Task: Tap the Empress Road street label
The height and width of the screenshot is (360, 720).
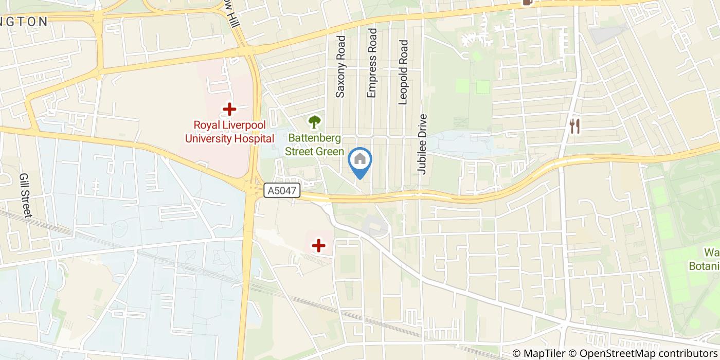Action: point(372,63)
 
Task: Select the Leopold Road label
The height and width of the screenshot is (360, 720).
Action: point(403,73)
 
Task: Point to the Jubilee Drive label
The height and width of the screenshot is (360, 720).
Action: point(423,144)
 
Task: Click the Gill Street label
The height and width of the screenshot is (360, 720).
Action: point(25,195)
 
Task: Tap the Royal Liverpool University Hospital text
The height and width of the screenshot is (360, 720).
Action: point(229,132)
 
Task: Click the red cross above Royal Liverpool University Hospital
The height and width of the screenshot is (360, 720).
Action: point(229,109)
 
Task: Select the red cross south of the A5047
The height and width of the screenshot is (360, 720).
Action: point(319,246)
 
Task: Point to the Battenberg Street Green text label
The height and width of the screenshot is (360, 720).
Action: point(314,145)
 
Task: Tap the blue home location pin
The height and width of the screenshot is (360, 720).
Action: point(360,160)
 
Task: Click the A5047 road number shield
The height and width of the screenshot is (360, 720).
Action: point(282,191)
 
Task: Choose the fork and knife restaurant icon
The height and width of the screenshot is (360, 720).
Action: point(575,126)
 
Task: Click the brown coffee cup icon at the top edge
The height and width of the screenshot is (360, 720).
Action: point(527,2)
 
